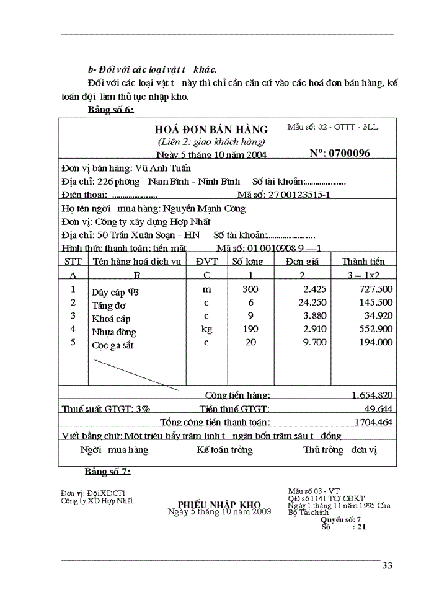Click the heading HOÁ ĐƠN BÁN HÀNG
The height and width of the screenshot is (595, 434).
coord(211,130)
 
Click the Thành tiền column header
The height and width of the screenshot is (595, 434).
coord(363,262)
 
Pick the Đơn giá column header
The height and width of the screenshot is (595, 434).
coord(302,262)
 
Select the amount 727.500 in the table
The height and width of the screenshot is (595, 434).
coord(376,289)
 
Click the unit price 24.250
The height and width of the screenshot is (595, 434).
coord(308,302)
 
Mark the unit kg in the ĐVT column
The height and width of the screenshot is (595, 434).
coord(206,329)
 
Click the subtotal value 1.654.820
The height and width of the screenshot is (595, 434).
coord(371,395)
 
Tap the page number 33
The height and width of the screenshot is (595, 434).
coord(387,565)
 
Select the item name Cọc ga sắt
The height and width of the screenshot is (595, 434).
coord(113,345)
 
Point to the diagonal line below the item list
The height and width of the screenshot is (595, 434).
coord(136,374)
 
